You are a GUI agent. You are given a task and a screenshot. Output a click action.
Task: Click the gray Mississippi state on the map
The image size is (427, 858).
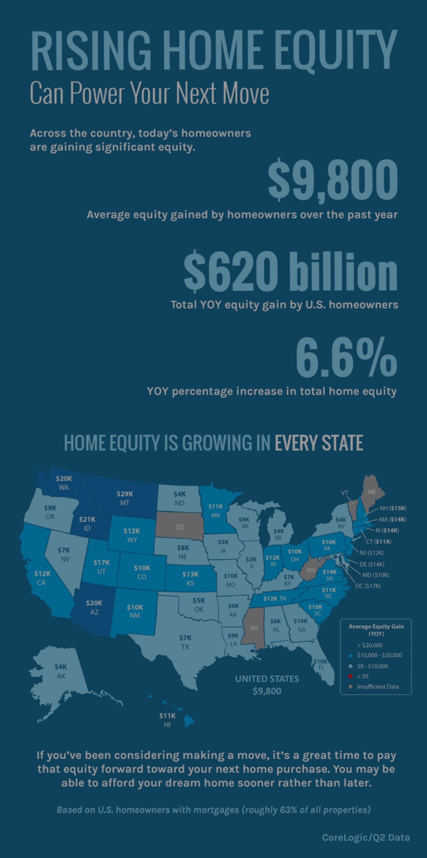[x=254, y=628]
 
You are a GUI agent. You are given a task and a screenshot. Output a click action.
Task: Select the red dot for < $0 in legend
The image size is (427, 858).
[x=350, y=676]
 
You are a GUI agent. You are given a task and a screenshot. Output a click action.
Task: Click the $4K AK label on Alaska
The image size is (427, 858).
[x=61, y=671]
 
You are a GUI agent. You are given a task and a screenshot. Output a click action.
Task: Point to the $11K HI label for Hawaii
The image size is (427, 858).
[x=167, y=720]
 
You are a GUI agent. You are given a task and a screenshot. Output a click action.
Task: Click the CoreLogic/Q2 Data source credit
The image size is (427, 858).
[x=366, y=837]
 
